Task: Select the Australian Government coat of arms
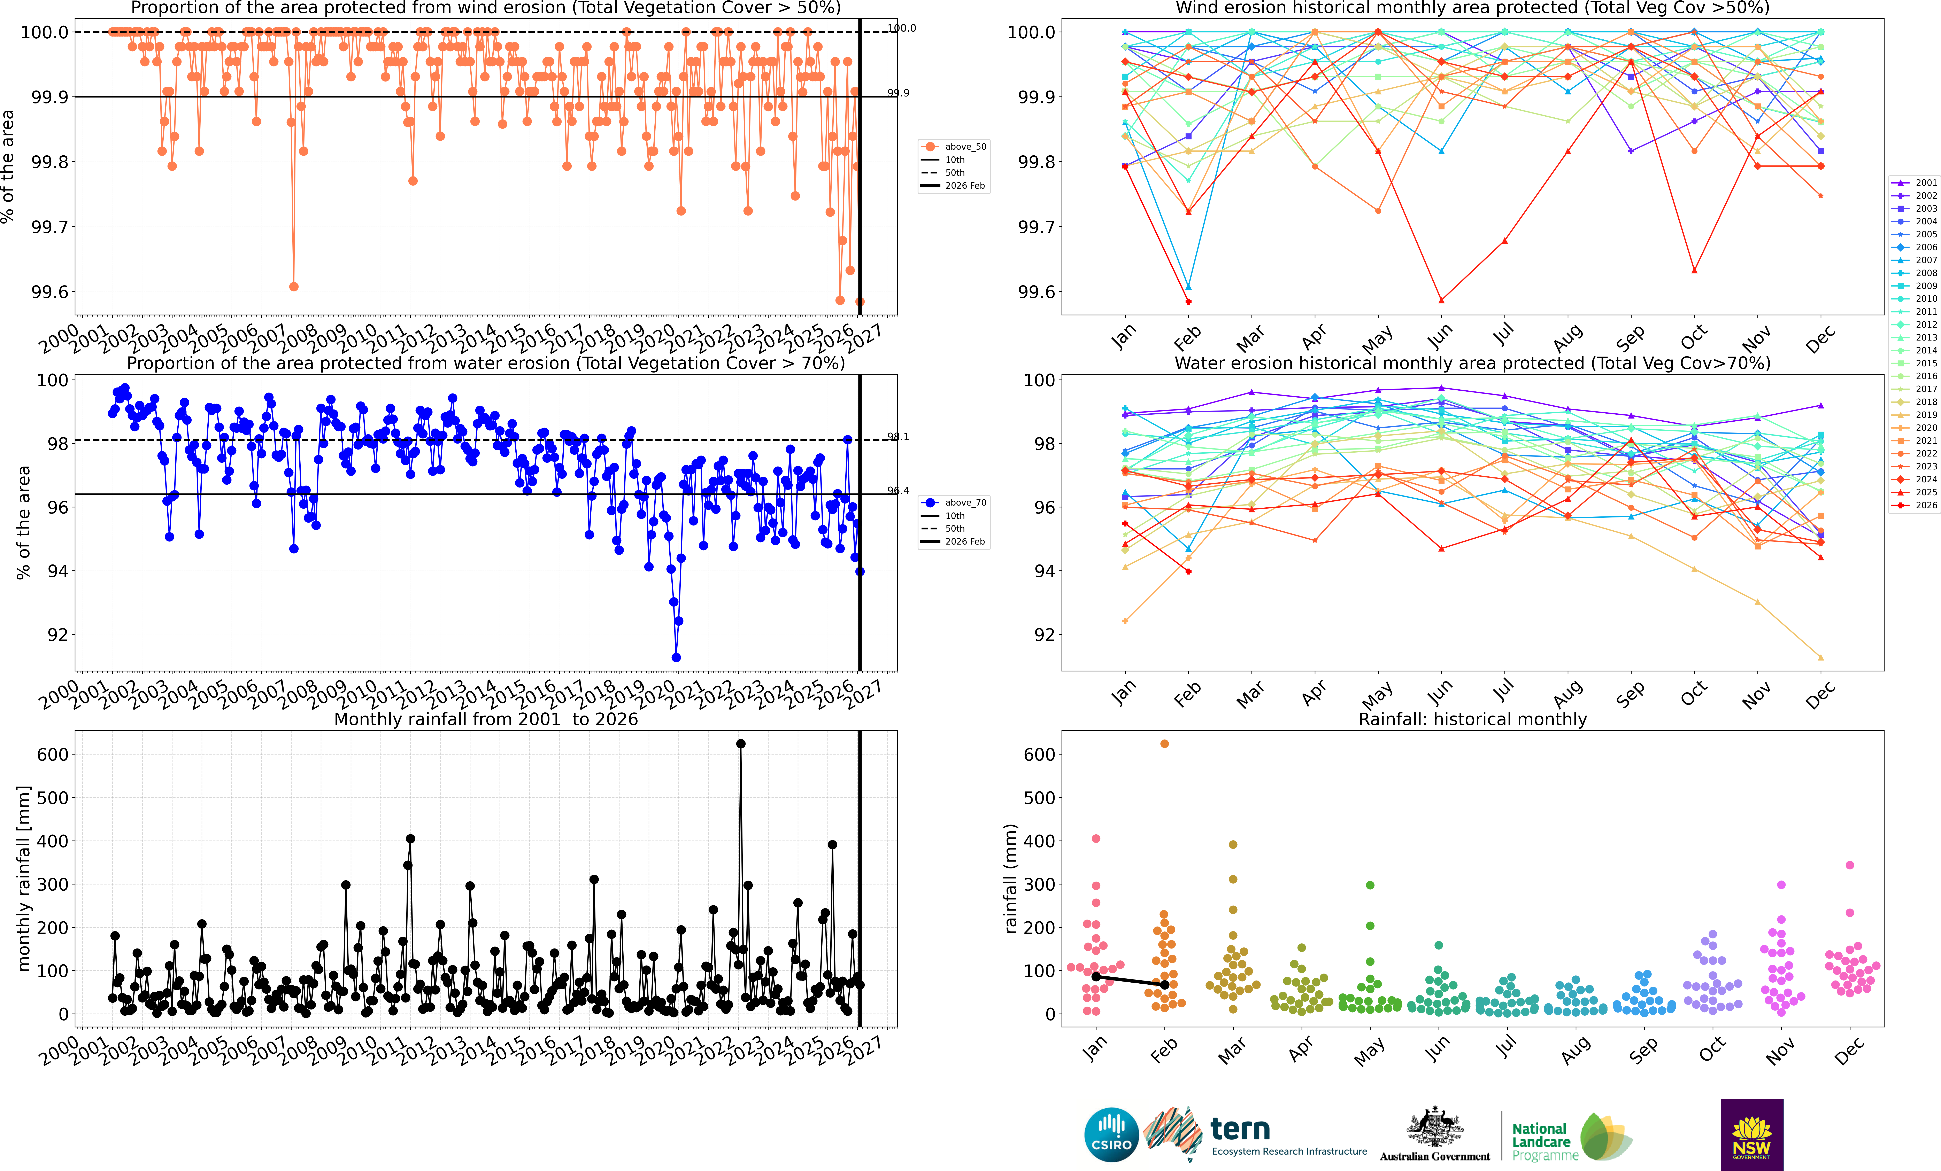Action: tap(1434, 1126)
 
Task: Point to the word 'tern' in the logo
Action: tap(1240, 1129)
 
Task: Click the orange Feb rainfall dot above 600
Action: tap(1164, 743)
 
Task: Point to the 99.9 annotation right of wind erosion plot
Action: tap(898, 93)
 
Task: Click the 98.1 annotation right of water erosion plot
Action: tap(898, 436)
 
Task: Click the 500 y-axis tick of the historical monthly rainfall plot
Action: tap(1039, 798)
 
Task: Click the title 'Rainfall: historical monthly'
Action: tap(1472, 719)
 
